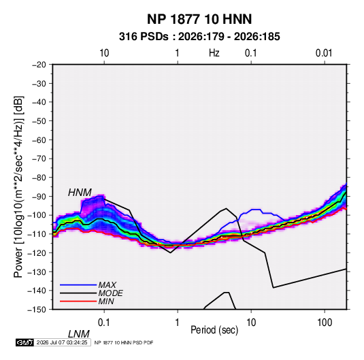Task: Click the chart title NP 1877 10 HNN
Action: point(199,19)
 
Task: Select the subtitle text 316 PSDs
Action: point(144,37)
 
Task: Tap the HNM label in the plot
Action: point(80,193)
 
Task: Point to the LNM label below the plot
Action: point(79,334)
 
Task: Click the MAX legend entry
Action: point(107,285)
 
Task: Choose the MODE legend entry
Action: point(110,293)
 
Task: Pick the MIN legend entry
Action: point(106,301)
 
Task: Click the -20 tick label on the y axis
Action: point(39,65)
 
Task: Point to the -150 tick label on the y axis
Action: point(37,310)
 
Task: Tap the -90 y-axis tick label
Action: point(39,196)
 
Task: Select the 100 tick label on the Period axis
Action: point(325,323)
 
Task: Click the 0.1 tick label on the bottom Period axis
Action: point(104,323)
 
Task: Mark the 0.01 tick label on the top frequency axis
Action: point(324,53)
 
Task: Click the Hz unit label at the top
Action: point(214,53)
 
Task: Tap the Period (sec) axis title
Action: point(214,330)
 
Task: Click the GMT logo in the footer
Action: point(25,342)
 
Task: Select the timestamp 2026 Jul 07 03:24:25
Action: point(62,342)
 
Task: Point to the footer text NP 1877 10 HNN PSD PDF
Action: point(124,342)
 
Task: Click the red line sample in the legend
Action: point(78,301)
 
